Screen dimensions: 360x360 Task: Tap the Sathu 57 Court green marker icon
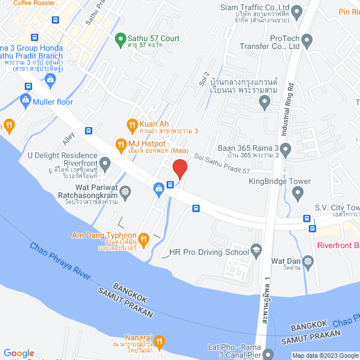[x=120, y=39]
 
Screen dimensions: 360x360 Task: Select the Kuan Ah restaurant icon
[x=132, y=124]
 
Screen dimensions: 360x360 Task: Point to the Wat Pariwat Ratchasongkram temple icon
[x=125, y=192]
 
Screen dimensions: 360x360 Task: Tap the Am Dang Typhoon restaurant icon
[x=143, y=239]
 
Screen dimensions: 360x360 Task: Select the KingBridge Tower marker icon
[x=298, y=192]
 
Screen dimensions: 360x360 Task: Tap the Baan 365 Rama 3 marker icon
[x=286, y=150]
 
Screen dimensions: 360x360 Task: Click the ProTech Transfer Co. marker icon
[x=307, y=40]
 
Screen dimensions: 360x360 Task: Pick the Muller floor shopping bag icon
[x=25, y=102]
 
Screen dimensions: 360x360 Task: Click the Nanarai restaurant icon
[x=159, y=341]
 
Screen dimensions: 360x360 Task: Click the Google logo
[x=19, y=353]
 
